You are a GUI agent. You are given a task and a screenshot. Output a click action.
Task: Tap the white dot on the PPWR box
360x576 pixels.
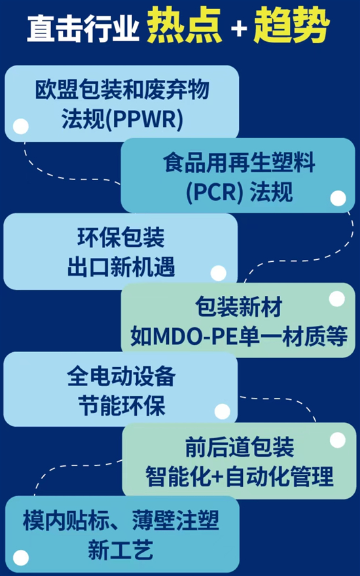point(20,126)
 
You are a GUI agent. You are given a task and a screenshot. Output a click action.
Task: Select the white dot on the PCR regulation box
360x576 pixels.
point(338,198)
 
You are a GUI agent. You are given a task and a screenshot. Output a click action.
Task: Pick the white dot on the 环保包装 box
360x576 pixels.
point(218,273)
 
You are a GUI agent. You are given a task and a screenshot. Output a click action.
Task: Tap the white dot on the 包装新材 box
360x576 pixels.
point(337,298)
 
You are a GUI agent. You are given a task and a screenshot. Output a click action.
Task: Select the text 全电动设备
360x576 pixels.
point(121,376)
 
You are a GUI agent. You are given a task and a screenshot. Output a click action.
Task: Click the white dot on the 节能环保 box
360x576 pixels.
point(223,412)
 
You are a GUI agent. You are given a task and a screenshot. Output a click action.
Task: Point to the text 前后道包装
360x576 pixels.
point(240,447)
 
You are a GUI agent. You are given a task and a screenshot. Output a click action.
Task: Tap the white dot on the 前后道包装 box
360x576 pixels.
point(338,440)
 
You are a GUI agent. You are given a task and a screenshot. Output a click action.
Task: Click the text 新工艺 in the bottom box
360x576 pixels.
point(120,550)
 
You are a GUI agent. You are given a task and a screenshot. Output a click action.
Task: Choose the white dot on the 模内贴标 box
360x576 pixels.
point(20,558)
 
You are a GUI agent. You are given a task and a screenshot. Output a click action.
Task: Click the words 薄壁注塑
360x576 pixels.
point(175,520)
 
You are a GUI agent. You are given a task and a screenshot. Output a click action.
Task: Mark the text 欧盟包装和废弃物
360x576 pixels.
point(122,90)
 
